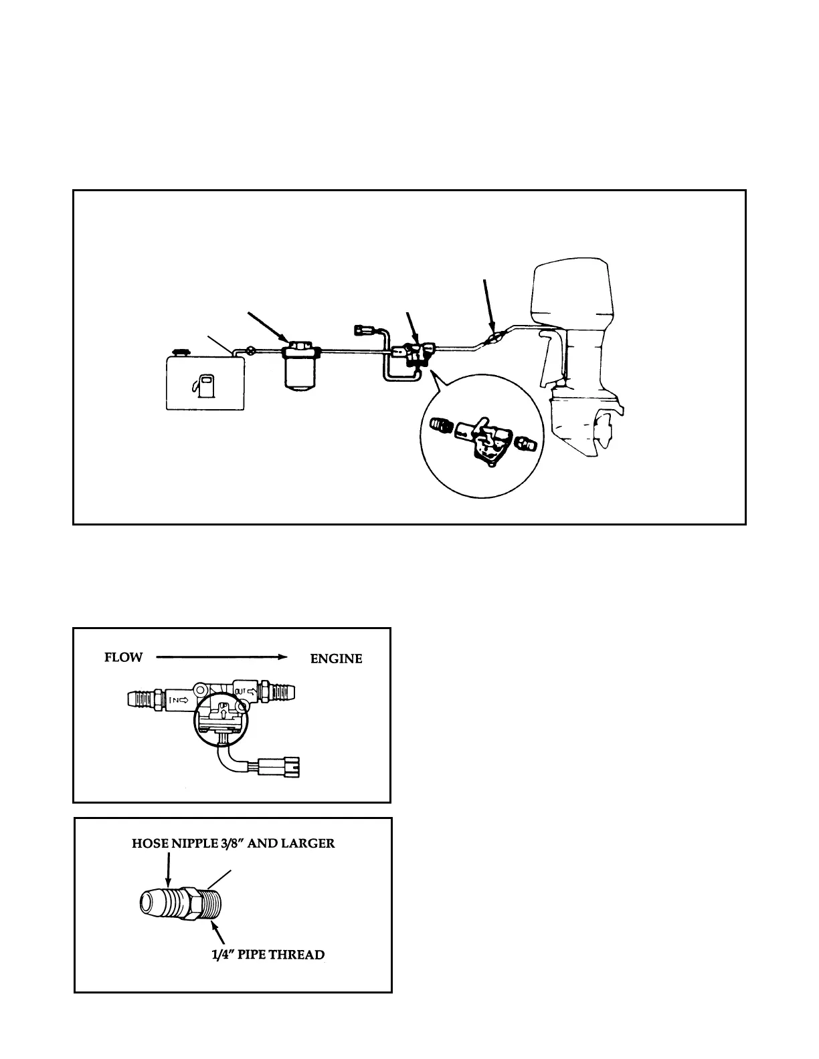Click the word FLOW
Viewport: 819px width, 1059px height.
[123, 657]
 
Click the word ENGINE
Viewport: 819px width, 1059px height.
[336, 659]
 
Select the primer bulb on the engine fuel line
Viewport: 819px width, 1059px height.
[493, 338]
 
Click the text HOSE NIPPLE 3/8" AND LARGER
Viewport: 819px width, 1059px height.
[233, 843]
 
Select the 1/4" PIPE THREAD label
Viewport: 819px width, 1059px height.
[268, 954]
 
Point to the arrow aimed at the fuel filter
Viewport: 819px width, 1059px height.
[267, 326]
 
